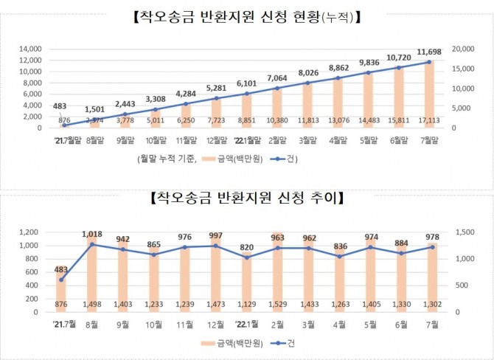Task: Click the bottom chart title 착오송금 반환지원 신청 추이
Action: (246, 198)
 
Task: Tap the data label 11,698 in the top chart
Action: (429, 52)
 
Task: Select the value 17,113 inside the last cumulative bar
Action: (429, 120)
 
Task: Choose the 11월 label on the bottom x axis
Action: (185, 322)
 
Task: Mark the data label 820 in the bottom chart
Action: (246, 247)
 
